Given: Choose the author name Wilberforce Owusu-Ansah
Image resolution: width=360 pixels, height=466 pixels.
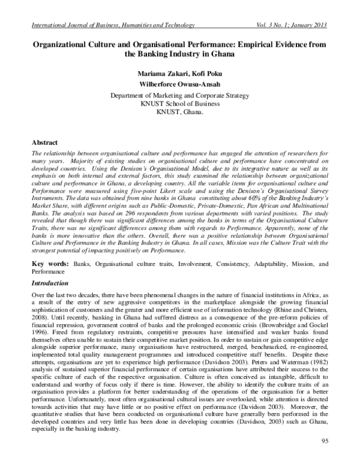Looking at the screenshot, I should [x=180, y=85].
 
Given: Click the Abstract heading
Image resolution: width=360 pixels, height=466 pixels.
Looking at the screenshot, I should [x=47, y=143].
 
